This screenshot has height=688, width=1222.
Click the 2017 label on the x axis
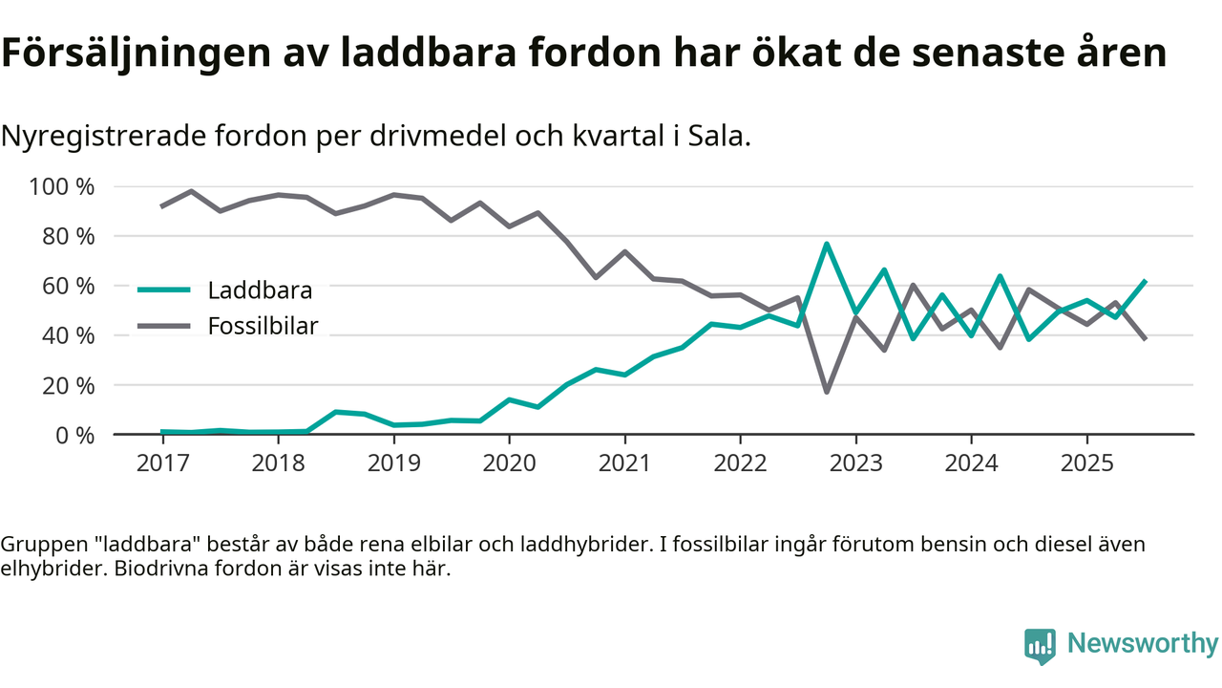click(x=162, y=463)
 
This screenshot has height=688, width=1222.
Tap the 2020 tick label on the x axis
click(x=509, y=463)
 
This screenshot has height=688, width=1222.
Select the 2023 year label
click(x=855, y=463)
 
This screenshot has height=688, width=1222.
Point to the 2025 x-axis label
click(x=1086, y=463)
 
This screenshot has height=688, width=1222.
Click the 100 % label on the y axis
click(x=63, y=186)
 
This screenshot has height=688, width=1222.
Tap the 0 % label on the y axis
click(x=74, y=435)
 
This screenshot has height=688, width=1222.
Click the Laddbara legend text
click(x=260, y=290)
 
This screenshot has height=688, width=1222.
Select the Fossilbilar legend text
click(x=263, y=326)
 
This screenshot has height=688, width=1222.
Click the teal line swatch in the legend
click(x=165, y=290)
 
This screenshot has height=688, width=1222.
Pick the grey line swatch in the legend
click(x=165, y=326)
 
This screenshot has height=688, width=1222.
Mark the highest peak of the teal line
click(x=827, y=244)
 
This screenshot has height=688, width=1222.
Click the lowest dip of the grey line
click(x=827, y=392)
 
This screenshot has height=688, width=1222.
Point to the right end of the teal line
click(x=1145, y=282)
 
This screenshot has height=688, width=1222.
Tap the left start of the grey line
click(x=162, y=205)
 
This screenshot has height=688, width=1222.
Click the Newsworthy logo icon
click(x=1040, y=645)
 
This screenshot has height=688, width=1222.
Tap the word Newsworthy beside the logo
click(x=1143, y=643)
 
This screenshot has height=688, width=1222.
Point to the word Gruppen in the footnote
click(x=38, y=545)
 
